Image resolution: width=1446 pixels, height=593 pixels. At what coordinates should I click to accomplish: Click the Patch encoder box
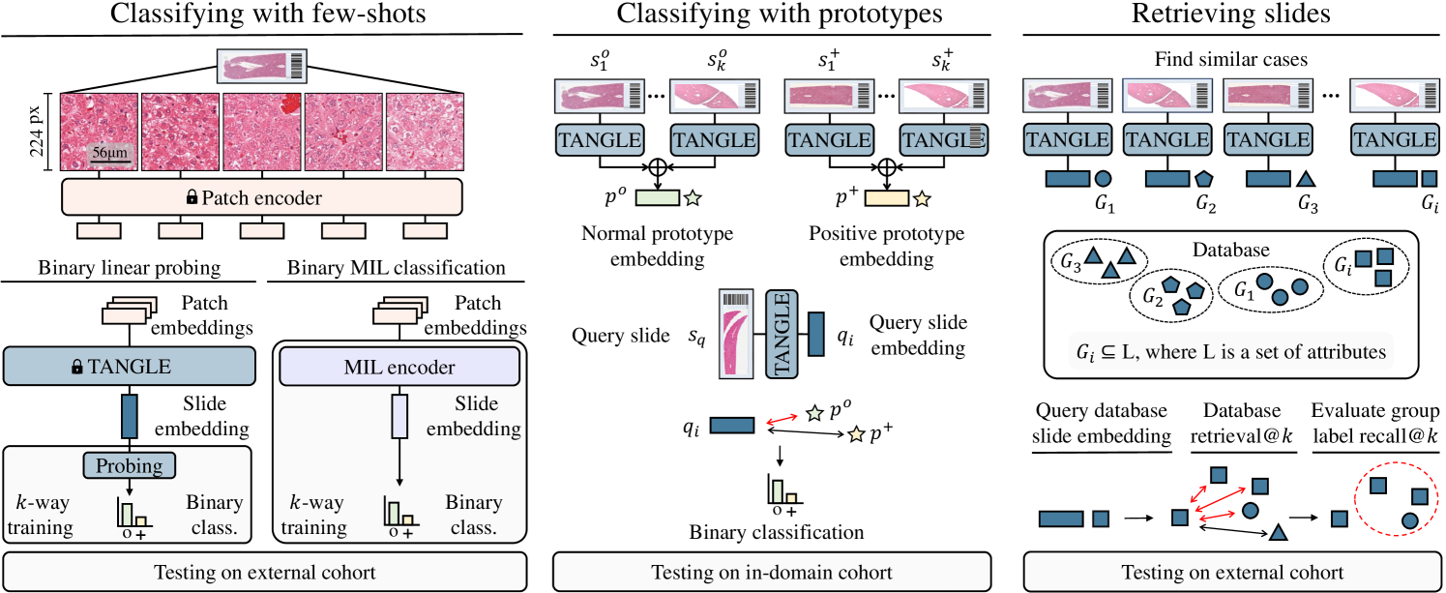click(261, 197)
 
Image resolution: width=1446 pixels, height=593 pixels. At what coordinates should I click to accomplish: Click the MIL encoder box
click(399, 368)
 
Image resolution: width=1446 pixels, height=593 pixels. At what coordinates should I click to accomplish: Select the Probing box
click(130, 465)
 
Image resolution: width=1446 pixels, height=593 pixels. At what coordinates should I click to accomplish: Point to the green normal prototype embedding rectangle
click(657, 198)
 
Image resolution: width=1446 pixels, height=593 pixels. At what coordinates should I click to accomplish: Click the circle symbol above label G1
click(1103, 178)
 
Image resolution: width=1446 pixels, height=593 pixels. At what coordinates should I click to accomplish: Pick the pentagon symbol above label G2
click(1203, 178)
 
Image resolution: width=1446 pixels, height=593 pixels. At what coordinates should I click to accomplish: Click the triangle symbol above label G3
click(1304, 178)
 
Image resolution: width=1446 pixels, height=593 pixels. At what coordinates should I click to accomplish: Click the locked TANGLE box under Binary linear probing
click(130, 368)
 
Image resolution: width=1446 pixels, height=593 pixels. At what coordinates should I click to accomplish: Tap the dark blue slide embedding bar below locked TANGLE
click(130, 416)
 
